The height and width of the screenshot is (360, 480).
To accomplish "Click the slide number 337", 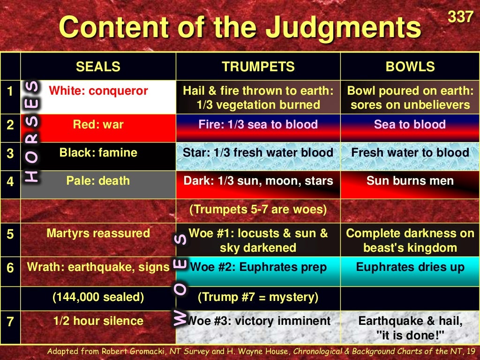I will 460,17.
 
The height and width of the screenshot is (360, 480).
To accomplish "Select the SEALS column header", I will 98,67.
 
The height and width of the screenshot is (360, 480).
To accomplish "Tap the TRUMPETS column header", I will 258,67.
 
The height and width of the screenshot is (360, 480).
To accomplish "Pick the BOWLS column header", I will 410,67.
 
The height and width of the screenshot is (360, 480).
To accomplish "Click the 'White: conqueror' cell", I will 98,91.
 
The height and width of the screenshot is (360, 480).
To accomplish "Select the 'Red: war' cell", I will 98,125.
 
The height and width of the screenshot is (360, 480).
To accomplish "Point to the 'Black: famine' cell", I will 98,153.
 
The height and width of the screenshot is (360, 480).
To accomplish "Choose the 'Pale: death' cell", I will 98,181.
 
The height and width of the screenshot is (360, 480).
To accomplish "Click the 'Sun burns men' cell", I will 410,181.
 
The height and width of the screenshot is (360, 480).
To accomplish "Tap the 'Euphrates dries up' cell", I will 410,267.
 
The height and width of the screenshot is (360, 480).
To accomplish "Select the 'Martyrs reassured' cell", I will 98,233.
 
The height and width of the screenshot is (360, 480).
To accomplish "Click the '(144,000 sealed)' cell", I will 98,297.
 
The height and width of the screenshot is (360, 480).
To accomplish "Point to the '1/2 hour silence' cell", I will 98,321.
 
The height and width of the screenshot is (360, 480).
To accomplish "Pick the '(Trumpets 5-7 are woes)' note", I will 258,209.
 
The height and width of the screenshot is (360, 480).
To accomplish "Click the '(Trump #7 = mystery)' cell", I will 258,297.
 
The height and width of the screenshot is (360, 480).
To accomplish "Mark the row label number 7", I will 10,322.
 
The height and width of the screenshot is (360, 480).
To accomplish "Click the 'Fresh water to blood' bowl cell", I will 410,153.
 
